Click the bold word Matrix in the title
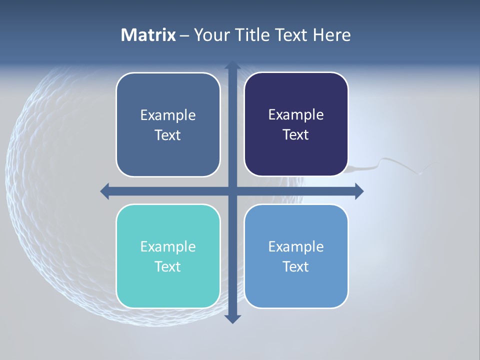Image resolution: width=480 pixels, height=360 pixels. (148, 35)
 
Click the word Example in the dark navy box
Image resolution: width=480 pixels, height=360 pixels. (296, 115)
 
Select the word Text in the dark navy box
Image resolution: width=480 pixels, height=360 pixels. (296, 135)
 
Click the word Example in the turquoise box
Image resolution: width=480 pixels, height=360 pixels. (168, 246)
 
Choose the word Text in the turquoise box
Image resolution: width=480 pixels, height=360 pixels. (168, 266)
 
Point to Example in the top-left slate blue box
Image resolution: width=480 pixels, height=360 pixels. (168, 115)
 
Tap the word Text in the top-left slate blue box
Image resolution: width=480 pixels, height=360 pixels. (168, 135)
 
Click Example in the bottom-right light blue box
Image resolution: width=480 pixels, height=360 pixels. (296, 246)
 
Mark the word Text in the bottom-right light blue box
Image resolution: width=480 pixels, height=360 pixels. (296, 266)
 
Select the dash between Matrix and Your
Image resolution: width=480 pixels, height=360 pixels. (184, 35)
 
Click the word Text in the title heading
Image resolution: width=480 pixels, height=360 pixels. (291, 35)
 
